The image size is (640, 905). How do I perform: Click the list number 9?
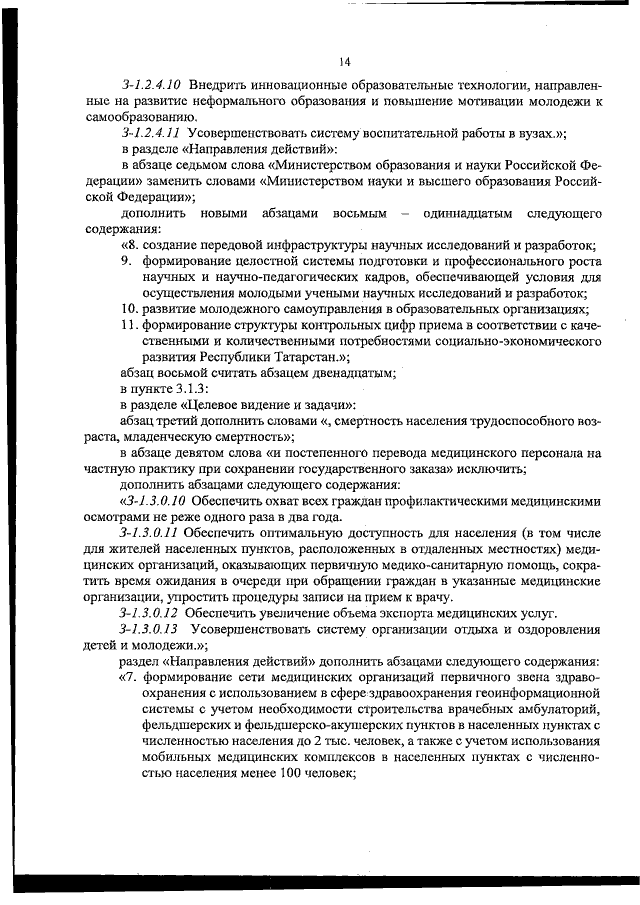126,261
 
